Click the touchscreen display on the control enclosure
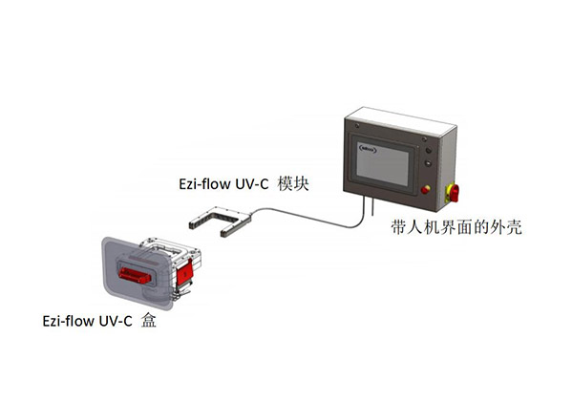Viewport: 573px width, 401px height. tap(383, 164)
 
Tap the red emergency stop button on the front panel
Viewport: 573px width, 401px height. tap(425, 190)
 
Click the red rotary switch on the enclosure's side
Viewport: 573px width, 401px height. tap(453, 193)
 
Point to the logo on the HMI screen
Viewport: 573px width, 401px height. tap(368, 149)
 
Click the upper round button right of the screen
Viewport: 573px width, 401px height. tap(428, 150)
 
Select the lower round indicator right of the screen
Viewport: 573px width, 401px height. tap(428, 163)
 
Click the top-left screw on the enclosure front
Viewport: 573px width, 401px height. tap(356, 126)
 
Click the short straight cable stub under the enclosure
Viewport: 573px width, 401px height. tap(372, 206)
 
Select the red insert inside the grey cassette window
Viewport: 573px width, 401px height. tap(134, 275)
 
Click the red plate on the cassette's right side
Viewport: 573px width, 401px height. tap(184, 271)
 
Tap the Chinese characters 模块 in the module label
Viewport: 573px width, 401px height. tap(293, 183)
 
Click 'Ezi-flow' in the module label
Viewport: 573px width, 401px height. tap(204, 183)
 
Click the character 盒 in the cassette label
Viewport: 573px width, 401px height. tap(149, 320)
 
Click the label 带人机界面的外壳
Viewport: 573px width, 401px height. tap(456, 227)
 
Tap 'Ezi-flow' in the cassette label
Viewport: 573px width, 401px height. tap(69, 321)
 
